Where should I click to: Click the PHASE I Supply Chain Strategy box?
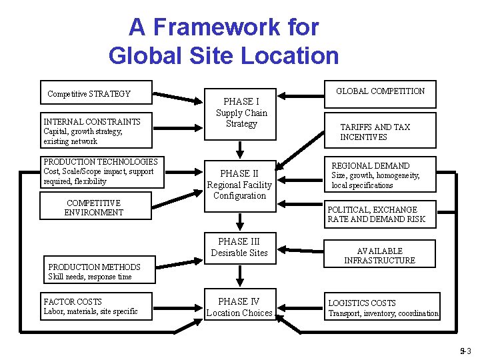click(x=241, y=113)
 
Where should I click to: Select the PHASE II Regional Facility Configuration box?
click(x=239, y=185)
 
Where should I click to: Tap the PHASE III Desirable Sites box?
click(x=239, y=247)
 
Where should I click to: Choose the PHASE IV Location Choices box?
click(x=239, y=307)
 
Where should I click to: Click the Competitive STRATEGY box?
click(x=96, y=94)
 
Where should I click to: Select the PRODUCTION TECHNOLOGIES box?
click(x=100, y=171)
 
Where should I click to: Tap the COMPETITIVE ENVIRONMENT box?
click(x=96, y=207)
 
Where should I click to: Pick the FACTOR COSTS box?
click(x=96, y=306)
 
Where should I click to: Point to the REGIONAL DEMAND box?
click(x=380, y=175)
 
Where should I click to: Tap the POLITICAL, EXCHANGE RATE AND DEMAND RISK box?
click(x=380, y=214)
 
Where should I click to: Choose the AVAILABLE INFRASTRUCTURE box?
click(x=379, y=255)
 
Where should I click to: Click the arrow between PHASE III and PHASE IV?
click(x=239, y=275)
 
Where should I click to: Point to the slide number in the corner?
click(x=465, y=351)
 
